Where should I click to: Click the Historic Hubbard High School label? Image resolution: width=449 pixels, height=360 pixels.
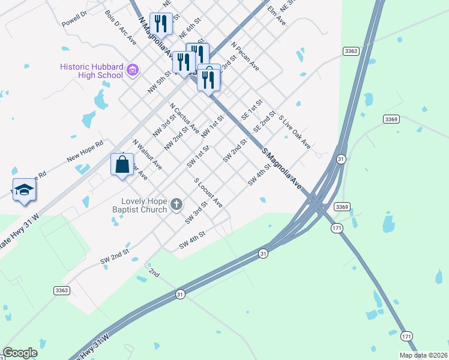[91, 71]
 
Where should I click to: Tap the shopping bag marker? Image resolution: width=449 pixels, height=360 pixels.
[122, 164]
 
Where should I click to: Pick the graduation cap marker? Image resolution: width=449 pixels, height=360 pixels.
[24, 190]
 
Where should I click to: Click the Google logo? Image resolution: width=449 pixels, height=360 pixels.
[20, 353]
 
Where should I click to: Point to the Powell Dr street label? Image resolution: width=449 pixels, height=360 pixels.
[74, 19]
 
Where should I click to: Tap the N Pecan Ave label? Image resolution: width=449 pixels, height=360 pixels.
[245, 57]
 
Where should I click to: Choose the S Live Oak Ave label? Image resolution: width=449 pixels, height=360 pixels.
[295, 133]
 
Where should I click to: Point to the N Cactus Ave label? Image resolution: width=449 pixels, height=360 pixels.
[184, 118]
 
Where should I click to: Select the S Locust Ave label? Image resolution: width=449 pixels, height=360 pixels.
[208, 193]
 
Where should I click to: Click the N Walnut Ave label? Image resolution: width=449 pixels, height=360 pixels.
[147, 154]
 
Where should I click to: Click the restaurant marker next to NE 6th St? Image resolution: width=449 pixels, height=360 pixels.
[160, 24]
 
